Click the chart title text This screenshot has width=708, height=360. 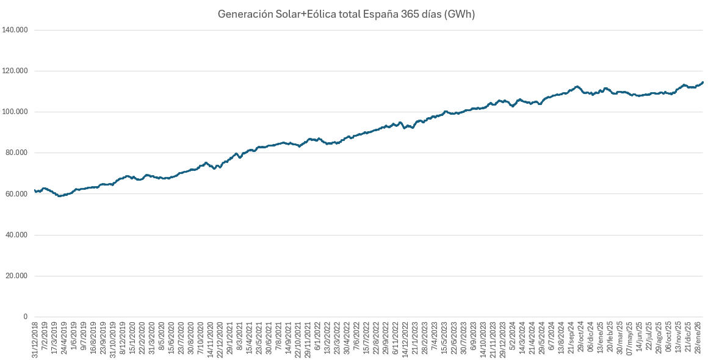click(x=346, y=14)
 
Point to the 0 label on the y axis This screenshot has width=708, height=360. click(x=26, y=317)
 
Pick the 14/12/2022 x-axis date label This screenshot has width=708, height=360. click(x=403, y=337)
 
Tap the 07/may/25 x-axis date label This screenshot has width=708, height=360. click(x=629, y=337)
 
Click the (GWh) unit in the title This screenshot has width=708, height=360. click(x=460, y=14)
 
